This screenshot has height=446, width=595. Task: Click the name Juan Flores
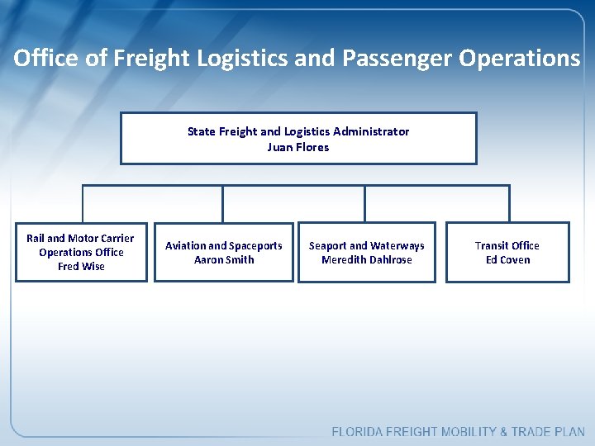click(297, 147)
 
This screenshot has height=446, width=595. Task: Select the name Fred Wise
click(81, 266)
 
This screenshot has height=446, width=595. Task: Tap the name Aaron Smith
click(224, 259)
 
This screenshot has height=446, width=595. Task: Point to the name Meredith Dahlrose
click(366, 259)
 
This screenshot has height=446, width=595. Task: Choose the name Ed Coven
click(507, 259)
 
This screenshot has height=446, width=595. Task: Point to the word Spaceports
click(256, 245)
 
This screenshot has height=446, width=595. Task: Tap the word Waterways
click(398, 245)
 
